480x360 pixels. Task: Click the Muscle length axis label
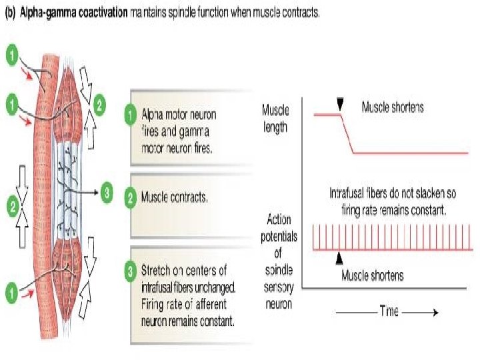(x=275, y=118)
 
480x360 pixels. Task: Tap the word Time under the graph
(x=389, y=311)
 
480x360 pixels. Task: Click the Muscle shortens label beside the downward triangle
(x=392, y=106)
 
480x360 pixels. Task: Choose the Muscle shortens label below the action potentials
(x=373, y=275)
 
